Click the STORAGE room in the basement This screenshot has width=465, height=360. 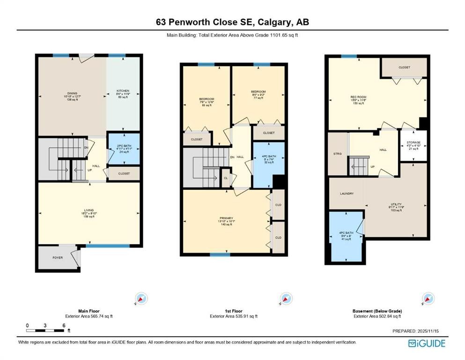(x=413, y=144)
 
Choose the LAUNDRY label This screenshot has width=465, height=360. (x=347, y=193)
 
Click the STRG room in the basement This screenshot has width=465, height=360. (x=337, y=153)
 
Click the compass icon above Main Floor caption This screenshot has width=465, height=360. (x=141, y=299)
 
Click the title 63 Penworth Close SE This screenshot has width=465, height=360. (x=232, y=22)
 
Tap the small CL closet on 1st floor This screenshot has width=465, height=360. (x=226, y=178)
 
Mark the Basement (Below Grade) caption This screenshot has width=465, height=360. (x=377, y=311)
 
